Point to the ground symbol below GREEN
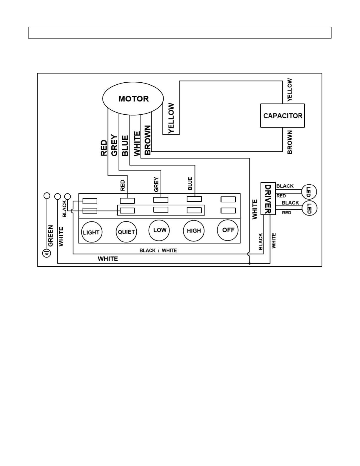point(47,253)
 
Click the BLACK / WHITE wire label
point(158,250)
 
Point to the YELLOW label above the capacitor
point(289,90)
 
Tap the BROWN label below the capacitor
point(290,142)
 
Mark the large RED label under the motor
point(104,148)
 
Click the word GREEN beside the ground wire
point(50,236)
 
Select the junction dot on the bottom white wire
point(250,263)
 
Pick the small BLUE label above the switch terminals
point(190,183)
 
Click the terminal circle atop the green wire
point(47,196)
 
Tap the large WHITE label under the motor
point(137,144)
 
